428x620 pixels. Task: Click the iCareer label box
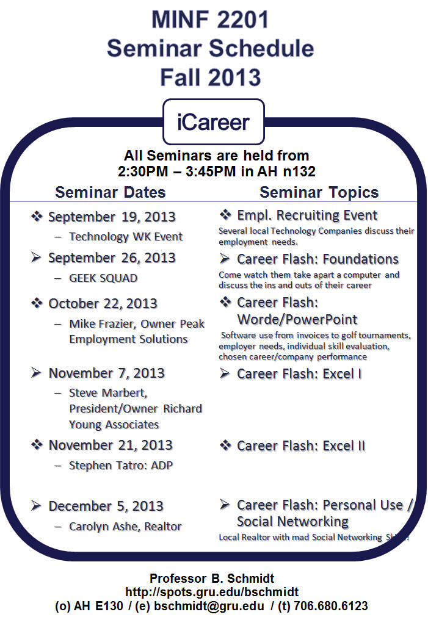(x=214, y=122)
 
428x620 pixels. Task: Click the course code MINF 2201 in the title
(x=210, y=20)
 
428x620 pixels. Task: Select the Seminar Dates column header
(x=111, y=192)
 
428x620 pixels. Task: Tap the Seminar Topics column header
(x=319, y=192)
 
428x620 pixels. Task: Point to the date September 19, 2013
(x=112, y=217)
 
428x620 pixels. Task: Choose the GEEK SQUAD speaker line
(x=103, y=278)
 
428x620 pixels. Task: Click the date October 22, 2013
(x=103, y=304)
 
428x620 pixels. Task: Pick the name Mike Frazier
(x=103, y=324)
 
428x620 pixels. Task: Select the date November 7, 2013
(x=106, y=373)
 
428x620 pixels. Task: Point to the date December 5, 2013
(x=106, y=506)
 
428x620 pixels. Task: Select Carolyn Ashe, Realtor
(x=125, y=527)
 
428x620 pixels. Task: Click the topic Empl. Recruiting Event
(x=307, y=215)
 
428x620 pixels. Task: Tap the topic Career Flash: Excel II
(x=301, y=446)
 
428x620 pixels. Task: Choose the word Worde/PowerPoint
(x=297, y=320)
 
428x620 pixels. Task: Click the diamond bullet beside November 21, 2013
(x=37, y=445)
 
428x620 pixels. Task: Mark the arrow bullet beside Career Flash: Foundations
(x=225, y=259)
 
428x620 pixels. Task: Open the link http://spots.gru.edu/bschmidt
(x=212, y=592)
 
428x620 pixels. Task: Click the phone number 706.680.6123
(x=331, y=606)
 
